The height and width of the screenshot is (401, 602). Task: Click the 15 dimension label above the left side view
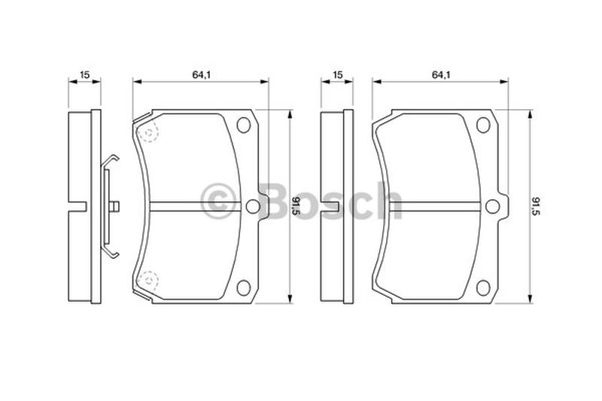coord(84,74)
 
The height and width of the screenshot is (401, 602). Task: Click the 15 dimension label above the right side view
coord(337,74)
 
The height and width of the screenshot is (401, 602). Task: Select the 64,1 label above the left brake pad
coord(202,74)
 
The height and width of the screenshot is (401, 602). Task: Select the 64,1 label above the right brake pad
coord(441,74)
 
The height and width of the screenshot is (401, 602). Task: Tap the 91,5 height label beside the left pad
coord(296,206)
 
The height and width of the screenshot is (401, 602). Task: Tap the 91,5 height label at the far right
coord(536,206)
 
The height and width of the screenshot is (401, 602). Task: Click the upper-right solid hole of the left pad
coord(244,125)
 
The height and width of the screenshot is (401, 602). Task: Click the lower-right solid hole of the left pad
coord(244,287)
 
